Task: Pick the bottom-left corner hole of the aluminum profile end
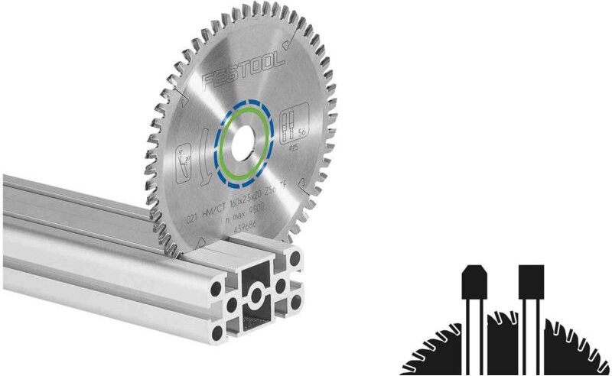coord(219,332)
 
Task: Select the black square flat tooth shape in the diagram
coord(530,282)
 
